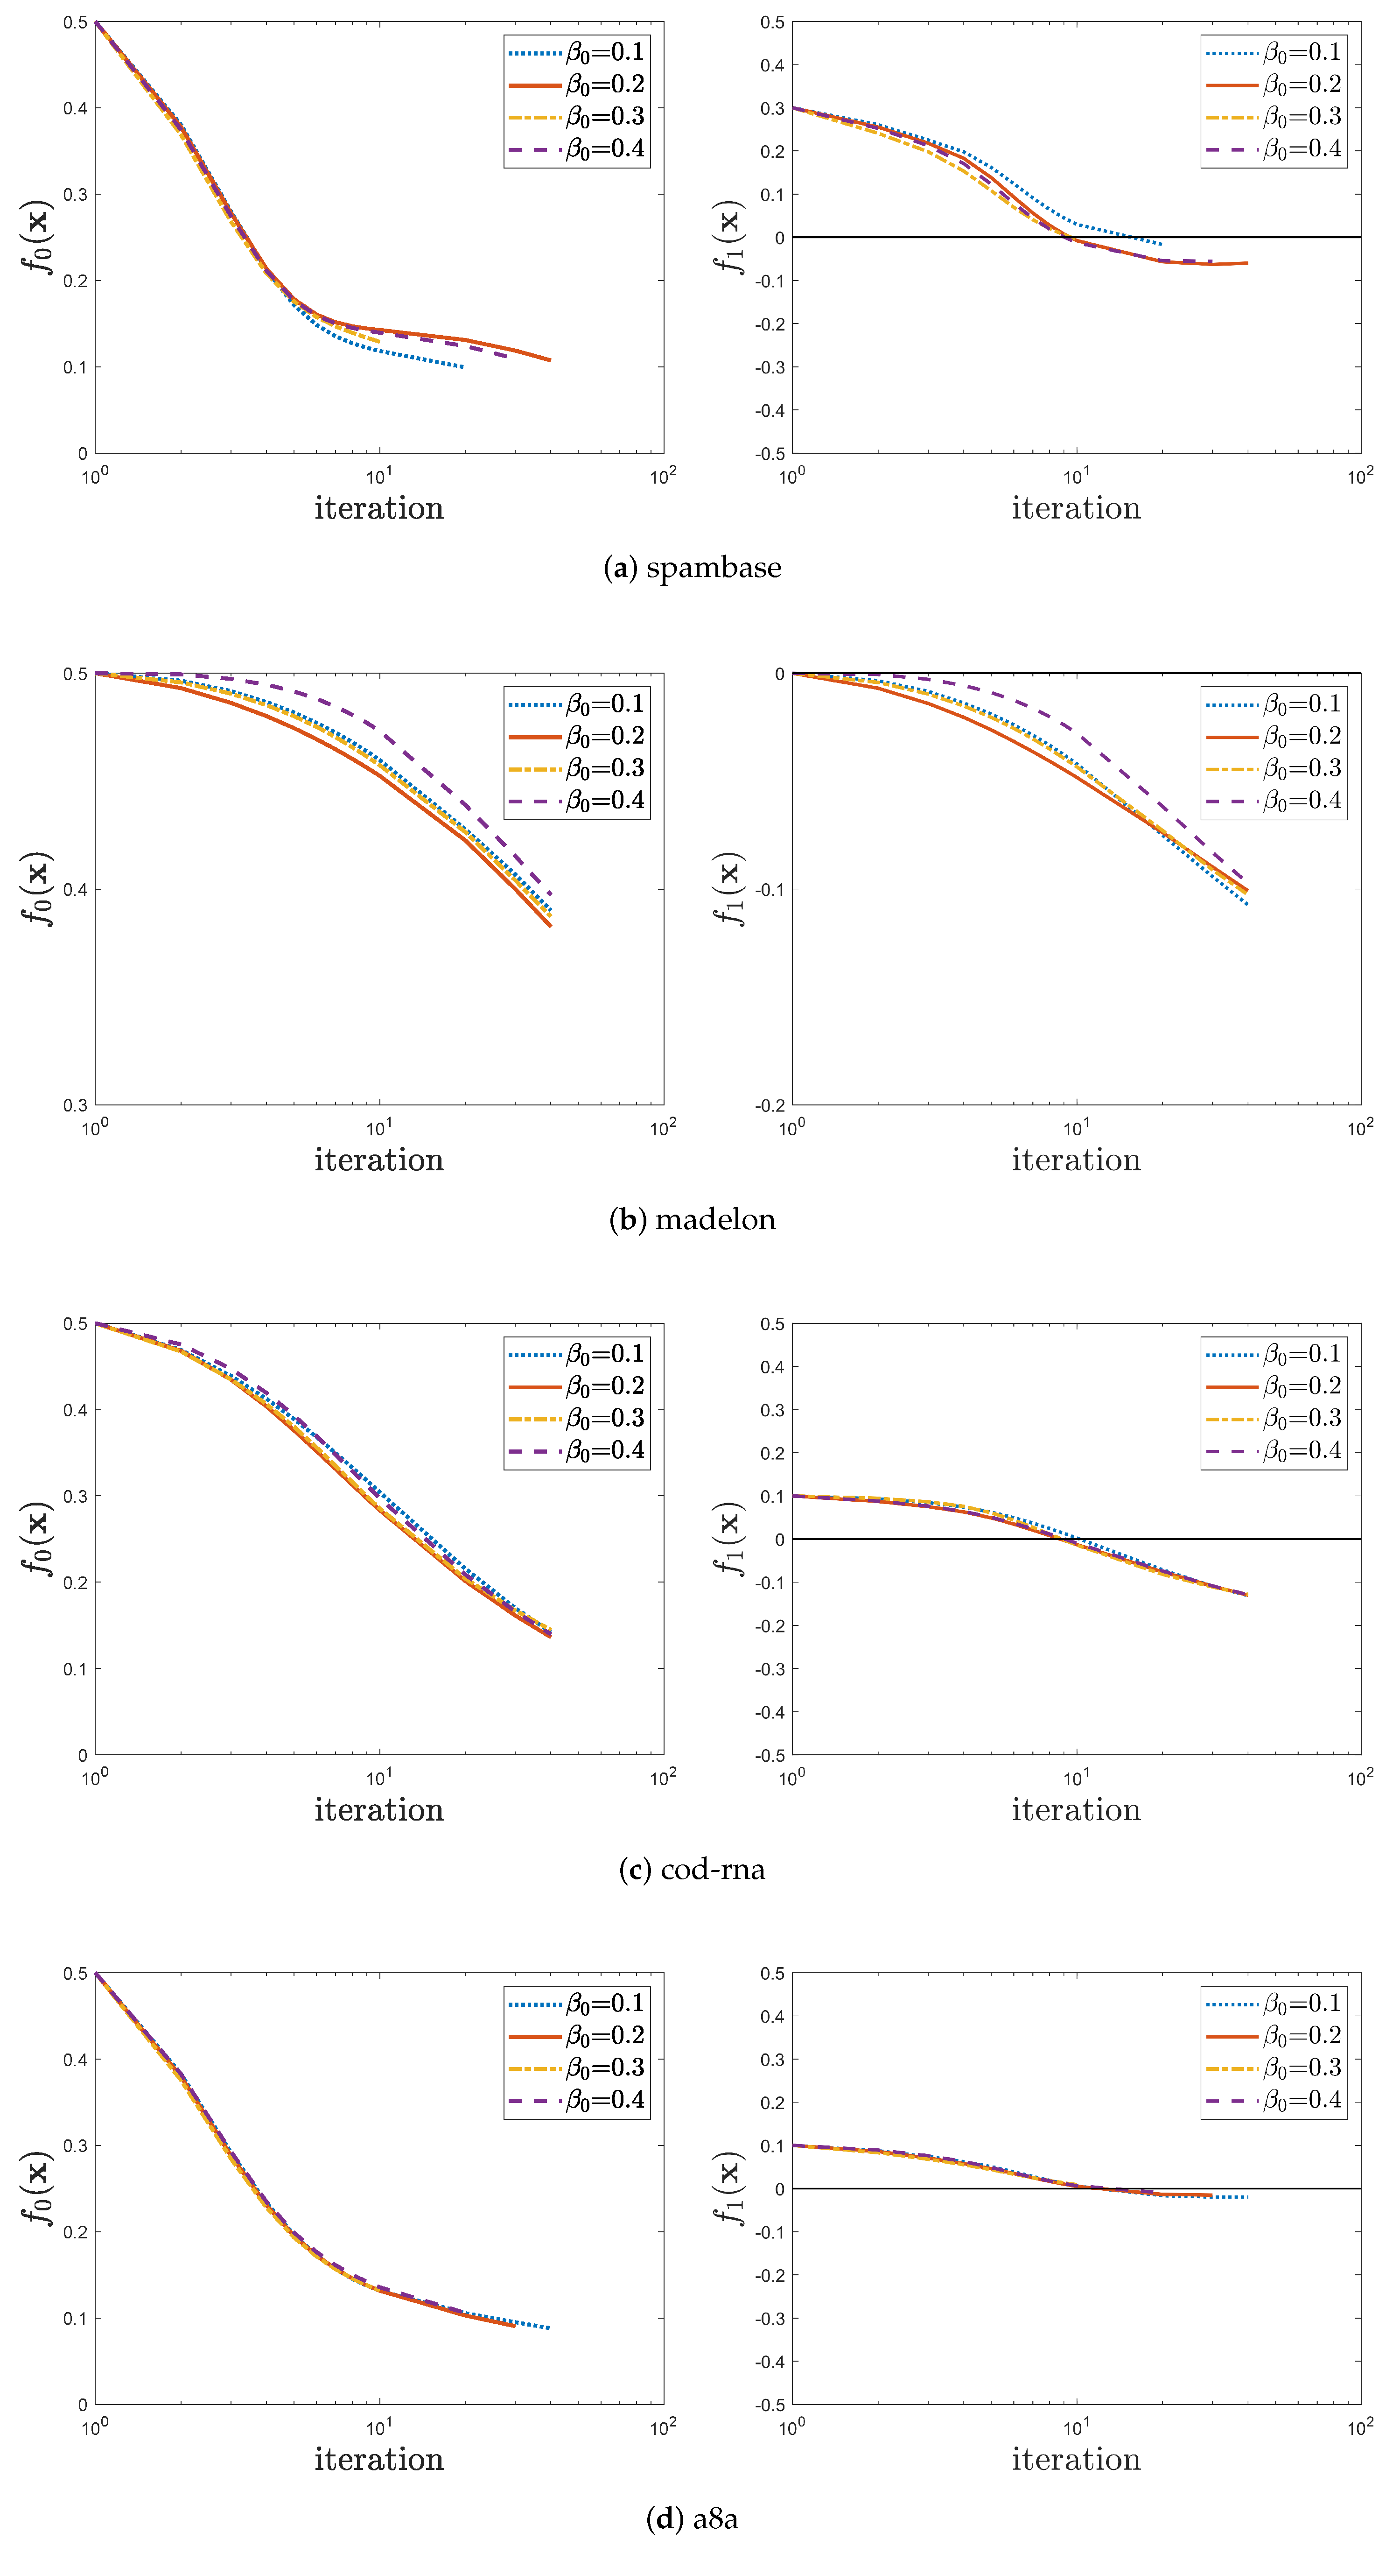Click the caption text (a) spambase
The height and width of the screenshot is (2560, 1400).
pos(693,568)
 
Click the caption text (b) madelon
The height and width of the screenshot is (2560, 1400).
pos(693,1219)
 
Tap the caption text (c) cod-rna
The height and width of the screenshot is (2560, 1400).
pos(693,1869)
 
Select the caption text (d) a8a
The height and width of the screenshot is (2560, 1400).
pos(693,2519)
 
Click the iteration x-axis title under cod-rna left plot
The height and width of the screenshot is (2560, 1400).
pos(379,1810)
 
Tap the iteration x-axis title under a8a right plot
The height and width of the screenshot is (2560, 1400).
pos(1076,2460)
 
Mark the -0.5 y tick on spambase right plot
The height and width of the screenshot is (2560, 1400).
pos(770,453)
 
